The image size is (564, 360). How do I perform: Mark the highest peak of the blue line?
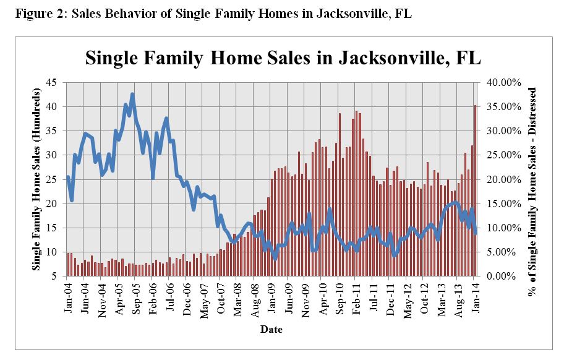pos(132,94)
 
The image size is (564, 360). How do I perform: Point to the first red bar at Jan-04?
pos(68,265)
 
